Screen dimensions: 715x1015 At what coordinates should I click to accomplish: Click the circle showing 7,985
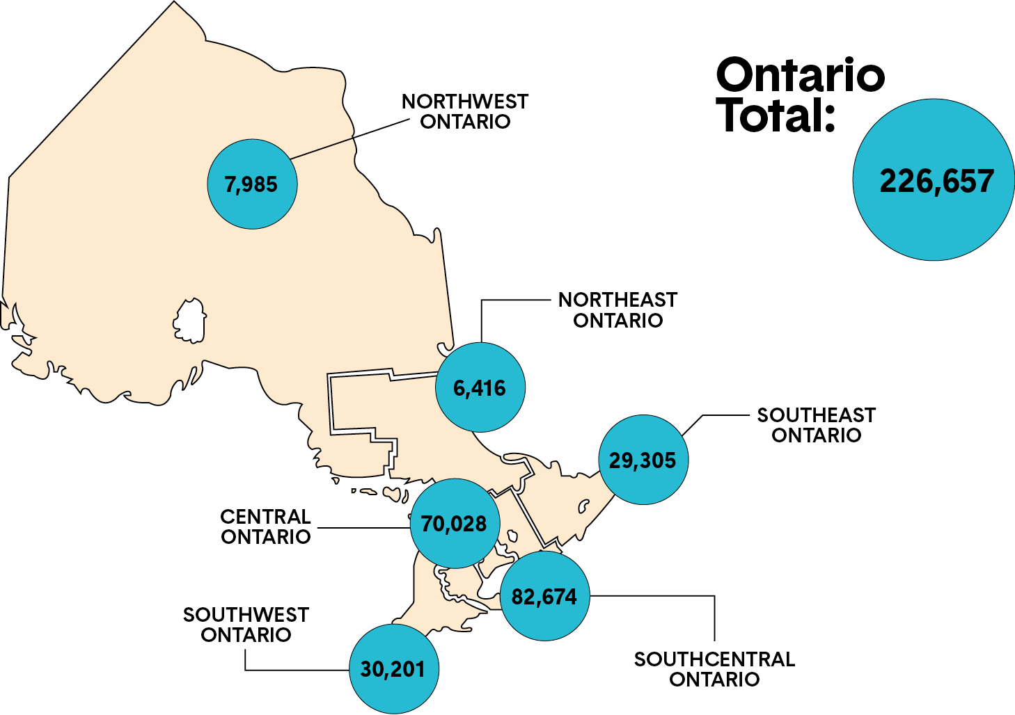pyautogui.click(x=252, y=184)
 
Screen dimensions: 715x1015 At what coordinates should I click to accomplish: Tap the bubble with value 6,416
pyautogui.click(x=480, y=387)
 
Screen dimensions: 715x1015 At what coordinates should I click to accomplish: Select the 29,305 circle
pyautogui.click(x=643, y=460)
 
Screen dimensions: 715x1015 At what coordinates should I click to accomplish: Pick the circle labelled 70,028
pyautogui.click(x=455, y=523)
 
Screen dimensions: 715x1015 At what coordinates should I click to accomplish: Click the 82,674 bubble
pyautogui.click(x=544, y=596)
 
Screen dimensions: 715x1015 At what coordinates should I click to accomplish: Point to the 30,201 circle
pyautogui.click(x=393, y=668)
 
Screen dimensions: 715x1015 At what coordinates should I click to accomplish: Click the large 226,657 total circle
pyautogui.click(x=934, y=180)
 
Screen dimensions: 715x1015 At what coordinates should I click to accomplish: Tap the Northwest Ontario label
pyautogui.click(x=465, y=111)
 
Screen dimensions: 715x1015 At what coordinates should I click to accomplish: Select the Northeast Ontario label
pyautogui.click(x=617, y=310)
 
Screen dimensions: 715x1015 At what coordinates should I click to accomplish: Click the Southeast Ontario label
pyautogui.click(x=816, y=425)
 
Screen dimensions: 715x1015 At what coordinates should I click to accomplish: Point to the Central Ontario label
pyautogui.click(x=265, y=527)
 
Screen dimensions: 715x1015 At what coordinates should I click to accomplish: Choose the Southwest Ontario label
pyautogui.click(x=246, y=625)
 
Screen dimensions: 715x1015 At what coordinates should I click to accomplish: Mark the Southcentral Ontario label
pyautogui.click(x=714, y=669)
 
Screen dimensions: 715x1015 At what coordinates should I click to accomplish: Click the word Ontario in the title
pyautogui.click(x=800, y=75)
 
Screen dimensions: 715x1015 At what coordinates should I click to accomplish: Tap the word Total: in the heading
pyautogui.click(x=776, y=115)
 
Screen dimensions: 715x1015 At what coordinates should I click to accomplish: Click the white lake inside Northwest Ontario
pyautogui.click(x=189, y=321)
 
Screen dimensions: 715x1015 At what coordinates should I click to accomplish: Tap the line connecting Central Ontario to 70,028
pyautogui.click(x=362, y=528)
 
